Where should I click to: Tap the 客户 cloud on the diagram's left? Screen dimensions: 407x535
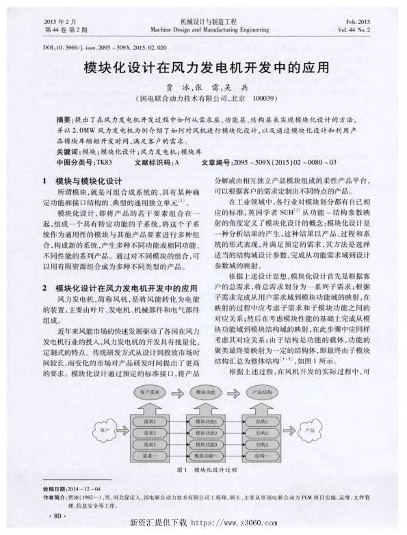click(103, 431)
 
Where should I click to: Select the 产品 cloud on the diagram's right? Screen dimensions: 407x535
click(308, 431)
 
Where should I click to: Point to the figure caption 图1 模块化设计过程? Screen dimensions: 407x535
click(206, 471)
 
